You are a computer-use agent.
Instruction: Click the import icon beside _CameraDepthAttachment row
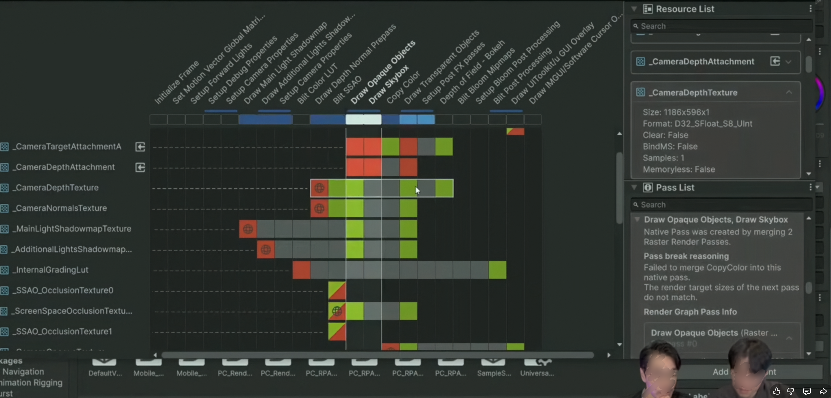tap(140, 167)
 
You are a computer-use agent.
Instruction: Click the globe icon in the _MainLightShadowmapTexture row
tap(248, 229)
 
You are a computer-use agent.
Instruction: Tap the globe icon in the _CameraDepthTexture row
tap(319, 188)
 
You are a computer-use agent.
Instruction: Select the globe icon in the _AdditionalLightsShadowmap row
tap(266, 250)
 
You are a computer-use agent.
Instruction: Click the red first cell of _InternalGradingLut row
tap(301, 270)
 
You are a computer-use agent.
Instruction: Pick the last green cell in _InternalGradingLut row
tap(497, 270)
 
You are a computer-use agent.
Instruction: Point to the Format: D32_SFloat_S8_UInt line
tap(697, 124)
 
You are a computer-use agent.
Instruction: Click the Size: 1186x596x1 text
tap(676, 112)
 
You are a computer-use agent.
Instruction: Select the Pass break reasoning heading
tap(686, 256)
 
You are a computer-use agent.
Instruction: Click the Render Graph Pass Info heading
tap(690, 312)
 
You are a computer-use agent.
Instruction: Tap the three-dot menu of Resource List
tap(810, 9)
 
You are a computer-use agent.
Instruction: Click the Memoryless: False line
tap(679, 170)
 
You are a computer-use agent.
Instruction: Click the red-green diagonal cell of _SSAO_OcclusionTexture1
tap(337, 332)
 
